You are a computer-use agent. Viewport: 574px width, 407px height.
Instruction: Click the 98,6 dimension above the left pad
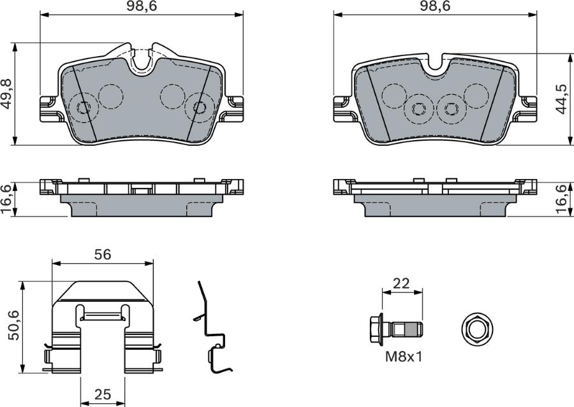click(142, 7)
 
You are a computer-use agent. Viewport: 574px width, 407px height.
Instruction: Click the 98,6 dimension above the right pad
click(434, 7)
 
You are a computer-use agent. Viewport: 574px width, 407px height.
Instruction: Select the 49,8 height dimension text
click(7, 94)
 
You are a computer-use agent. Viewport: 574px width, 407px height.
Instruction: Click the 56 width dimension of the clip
click(103, 254)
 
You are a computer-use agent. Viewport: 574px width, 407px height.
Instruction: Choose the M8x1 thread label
click(402, 357)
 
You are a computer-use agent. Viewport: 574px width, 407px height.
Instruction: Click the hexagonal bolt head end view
click(475, 329)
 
